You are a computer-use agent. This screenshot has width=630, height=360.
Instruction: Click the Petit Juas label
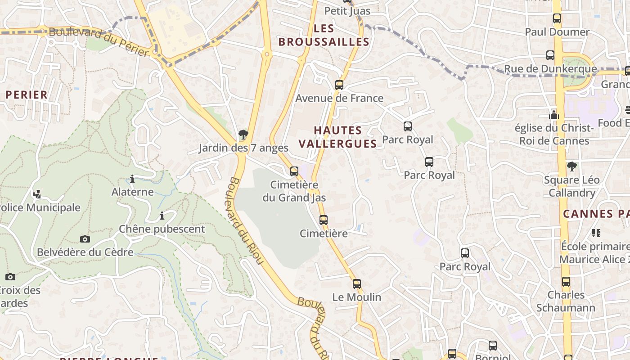(347, 11)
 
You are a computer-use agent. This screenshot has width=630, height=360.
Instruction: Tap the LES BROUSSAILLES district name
(324, 35)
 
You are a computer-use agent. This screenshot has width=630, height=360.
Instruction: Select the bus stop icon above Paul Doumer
(557, 18)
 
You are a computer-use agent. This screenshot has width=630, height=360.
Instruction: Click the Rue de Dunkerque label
(550, 69)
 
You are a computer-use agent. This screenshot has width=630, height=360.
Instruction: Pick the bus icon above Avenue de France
(339, 85)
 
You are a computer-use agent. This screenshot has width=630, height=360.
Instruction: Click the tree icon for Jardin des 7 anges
(243, 134)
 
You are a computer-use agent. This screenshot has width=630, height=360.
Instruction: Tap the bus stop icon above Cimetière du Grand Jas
(294, 171)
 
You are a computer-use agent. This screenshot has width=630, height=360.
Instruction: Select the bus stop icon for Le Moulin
(356, 283)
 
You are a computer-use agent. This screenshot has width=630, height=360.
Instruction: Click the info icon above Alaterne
(132, 179)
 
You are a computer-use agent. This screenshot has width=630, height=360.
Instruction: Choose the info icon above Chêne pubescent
(162, 216)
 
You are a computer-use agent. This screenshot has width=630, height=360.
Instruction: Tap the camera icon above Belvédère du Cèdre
(85, 238)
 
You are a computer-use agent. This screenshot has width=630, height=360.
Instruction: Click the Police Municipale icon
(37, 194)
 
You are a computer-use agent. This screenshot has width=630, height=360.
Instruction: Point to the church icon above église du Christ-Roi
(554, 115)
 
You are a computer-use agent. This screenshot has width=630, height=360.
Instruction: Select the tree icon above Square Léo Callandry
(571, 166)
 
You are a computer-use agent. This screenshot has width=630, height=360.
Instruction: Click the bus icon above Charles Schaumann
(566, 282)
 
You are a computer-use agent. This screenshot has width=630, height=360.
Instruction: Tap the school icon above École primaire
(596, 233)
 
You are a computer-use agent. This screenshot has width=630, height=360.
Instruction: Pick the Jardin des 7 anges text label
(243, 148)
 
